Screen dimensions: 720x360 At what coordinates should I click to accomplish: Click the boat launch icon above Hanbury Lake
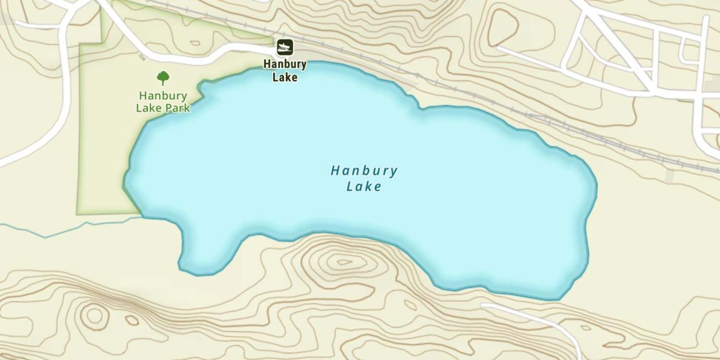point(285,47)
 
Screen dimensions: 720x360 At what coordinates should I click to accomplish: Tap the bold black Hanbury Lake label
point(285,71)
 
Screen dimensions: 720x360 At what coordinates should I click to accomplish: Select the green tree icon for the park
point(163,77)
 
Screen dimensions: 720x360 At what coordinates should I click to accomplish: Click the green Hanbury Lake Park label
point(163,101)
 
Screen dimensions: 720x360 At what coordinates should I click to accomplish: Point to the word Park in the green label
point(178,108)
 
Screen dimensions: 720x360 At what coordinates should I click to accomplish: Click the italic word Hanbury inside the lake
point(364,171)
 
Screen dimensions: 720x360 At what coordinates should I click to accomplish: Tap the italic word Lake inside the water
point(364,186)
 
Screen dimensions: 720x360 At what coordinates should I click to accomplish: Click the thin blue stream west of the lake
point(72,230)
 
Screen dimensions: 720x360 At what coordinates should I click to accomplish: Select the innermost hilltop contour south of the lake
point(344,262)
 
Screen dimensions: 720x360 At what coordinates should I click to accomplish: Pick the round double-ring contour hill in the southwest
point(94,315)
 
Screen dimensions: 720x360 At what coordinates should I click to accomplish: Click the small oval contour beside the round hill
point(132,320)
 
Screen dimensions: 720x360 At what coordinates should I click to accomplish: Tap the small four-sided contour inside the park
point(195,43)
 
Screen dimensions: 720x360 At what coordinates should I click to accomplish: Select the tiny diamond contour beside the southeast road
point(586,328)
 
